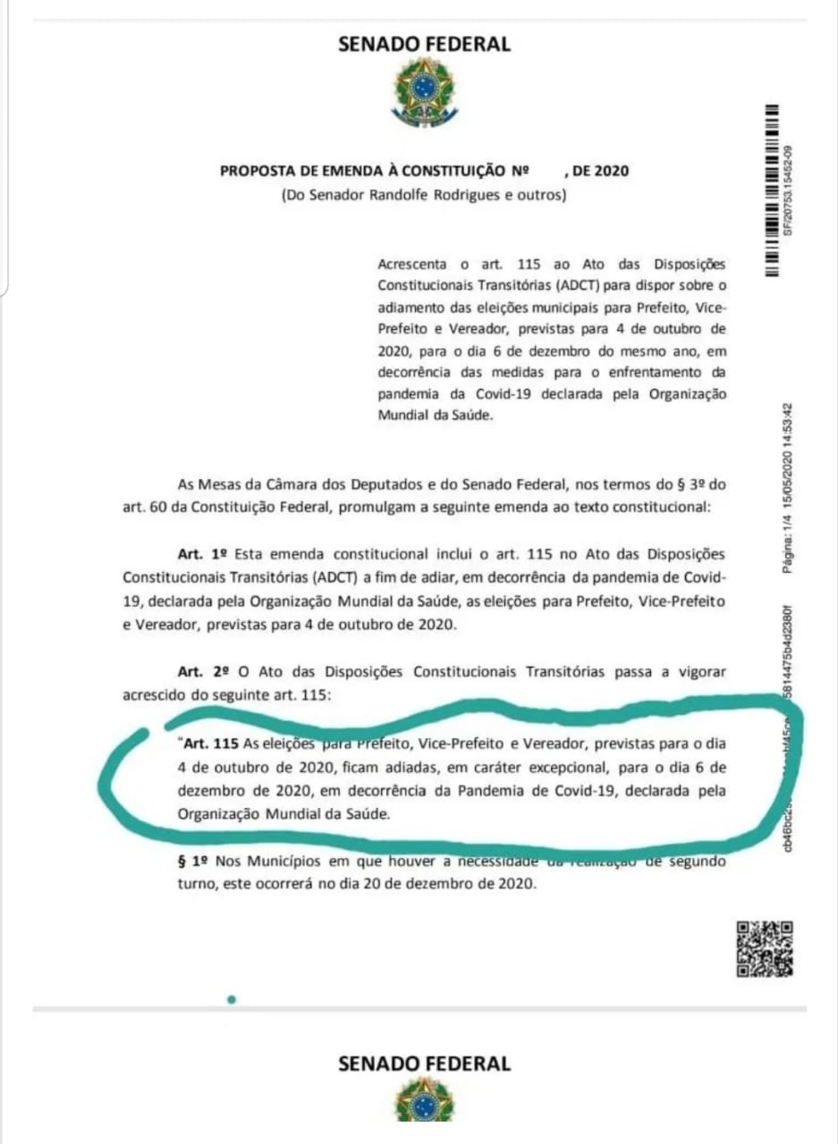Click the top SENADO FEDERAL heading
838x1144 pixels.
pos(424,44)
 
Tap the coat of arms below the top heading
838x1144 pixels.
pos(424,91)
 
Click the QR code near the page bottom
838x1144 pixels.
pos(764,947)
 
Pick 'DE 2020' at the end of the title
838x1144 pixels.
pos(601,170)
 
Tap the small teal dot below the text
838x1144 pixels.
pos(231,999)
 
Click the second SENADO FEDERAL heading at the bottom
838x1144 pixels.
pos(424,1064)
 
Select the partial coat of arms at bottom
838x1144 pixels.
pos(425,1101)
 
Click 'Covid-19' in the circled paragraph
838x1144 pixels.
pos(582,791)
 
